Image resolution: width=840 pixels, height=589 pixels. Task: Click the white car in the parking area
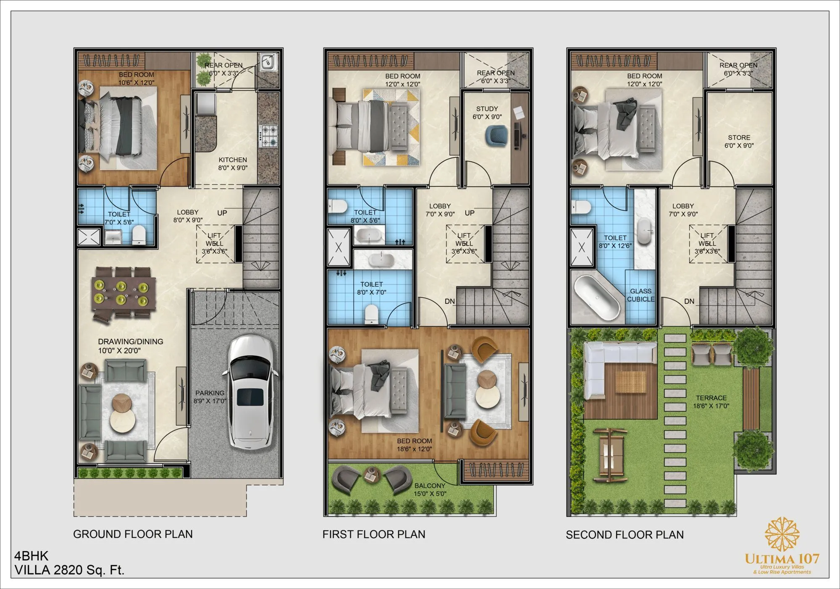[x=251, y=393]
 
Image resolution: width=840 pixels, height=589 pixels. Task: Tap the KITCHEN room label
[x=233, y=160]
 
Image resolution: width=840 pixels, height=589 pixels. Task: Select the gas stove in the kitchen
[x=268, y=136]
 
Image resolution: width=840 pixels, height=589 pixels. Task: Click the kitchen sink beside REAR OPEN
[x=268, y=62]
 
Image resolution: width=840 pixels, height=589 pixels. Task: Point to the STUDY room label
[x=487, y=109]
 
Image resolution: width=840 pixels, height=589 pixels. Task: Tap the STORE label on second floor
[x=739, y=138]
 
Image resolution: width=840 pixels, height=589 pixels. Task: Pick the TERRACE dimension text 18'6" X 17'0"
[x=711, y=406]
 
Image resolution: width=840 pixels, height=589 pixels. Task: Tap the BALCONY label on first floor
[x=430, y=486]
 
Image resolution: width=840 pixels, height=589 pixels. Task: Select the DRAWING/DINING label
[x=131, y=342]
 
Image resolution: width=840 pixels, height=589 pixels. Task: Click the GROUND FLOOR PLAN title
[x=133, y=534]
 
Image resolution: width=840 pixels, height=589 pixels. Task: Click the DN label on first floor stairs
[x=449, y=301]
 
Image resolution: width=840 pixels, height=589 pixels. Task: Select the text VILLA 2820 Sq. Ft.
[x=69, y=570]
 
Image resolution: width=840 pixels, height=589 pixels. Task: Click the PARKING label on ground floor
[x=210, y=393]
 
